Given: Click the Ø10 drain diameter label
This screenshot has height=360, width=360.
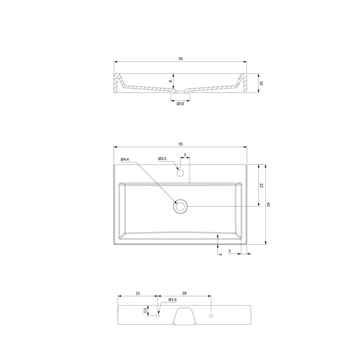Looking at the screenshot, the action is (x=180, y=104).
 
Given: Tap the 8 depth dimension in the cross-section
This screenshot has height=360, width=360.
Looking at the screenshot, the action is (x=170, y=81).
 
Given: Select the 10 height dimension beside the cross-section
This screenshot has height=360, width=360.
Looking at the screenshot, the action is (x=261, y=83).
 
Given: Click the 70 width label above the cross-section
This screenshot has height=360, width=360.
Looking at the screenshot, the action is (x=180, y=59).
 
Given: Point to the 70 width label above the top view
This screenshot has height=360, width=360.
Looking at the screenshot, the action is (x=180, y=144).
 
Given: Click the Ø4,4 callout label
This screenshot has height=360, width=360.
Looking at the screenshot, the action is (x=125, y=159).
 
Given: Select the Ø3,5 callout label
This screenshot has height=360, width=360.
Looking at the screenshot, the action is (x=162, y=158).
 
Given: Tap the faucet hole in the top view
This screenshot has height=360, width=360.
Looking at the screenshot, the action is (x=180, y=173).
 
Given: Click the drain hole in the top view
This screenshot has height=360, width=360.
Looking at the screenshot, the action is (x=180, y=206).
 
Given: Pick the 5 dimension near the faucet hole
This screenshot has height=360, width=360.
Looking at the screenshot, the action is (x=185, y=155).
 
